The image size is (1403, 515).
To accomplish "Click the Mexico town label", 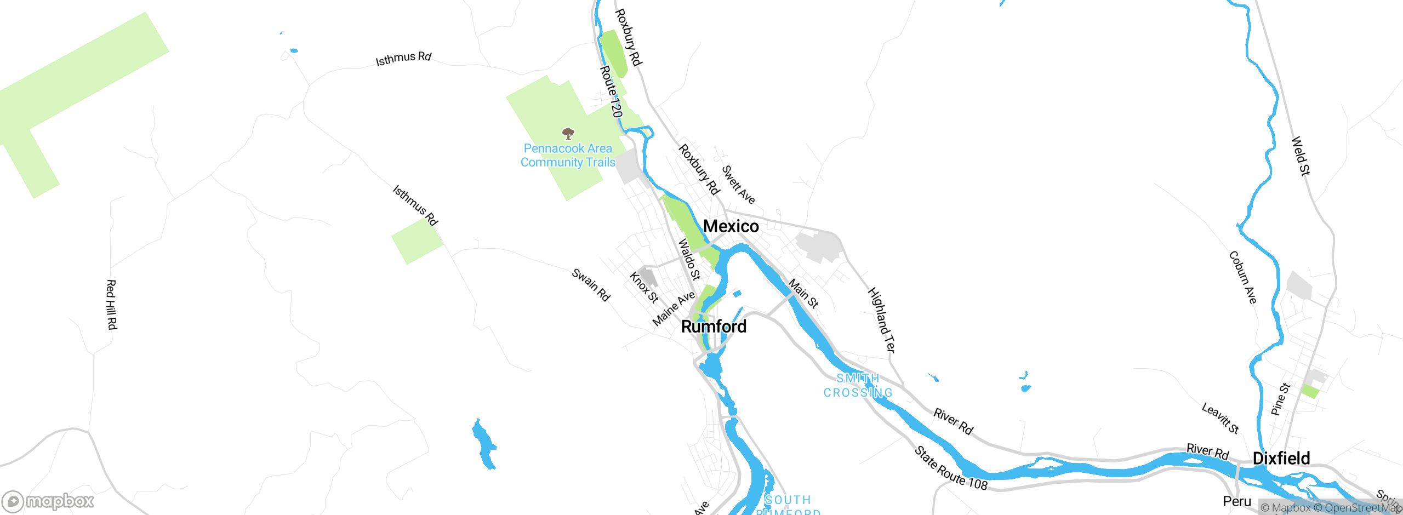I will (731, 226).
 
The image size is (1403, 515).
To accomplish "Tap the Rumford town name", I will (714, 327).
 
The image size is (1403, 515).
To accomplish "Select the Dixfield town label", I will (1281, 458).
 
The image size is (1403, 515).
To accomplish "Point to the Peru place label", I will (1237, 501).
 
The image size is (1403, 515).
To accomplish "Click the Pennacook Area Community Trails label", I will (568, 156).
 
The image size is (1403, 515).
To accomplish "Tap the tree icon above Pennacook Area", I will (568, 133).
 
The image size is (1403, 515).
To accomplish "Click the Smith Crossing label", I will (858, 386).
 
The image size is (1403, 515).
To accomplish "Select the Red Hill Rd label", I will (111, 305).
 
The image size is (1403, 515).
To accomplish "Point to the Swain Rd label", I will (591, 284).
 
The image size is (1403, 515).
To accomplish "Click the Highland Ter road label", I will (882, 320).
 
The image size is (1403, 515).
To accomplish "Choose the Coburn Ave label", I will (1242, 277).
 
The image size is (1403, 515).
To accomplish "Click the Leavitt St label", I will (1220, 418).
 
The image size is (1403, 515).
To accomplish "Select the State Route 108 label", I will (951, 468).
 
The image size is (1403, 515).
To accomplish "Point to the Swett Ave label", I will (738, 185).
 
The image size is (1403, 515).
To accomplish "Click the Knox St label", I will (643, 287).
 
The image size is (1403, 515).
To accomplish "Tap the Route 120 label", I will (612, 91).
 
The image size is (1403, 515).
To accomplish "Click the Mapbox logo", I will (48, 501).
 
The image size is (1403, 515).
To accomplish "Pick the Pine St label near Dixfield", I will (1280, 399).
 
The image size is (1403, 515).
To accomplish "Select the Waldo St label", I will (689, 259).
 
